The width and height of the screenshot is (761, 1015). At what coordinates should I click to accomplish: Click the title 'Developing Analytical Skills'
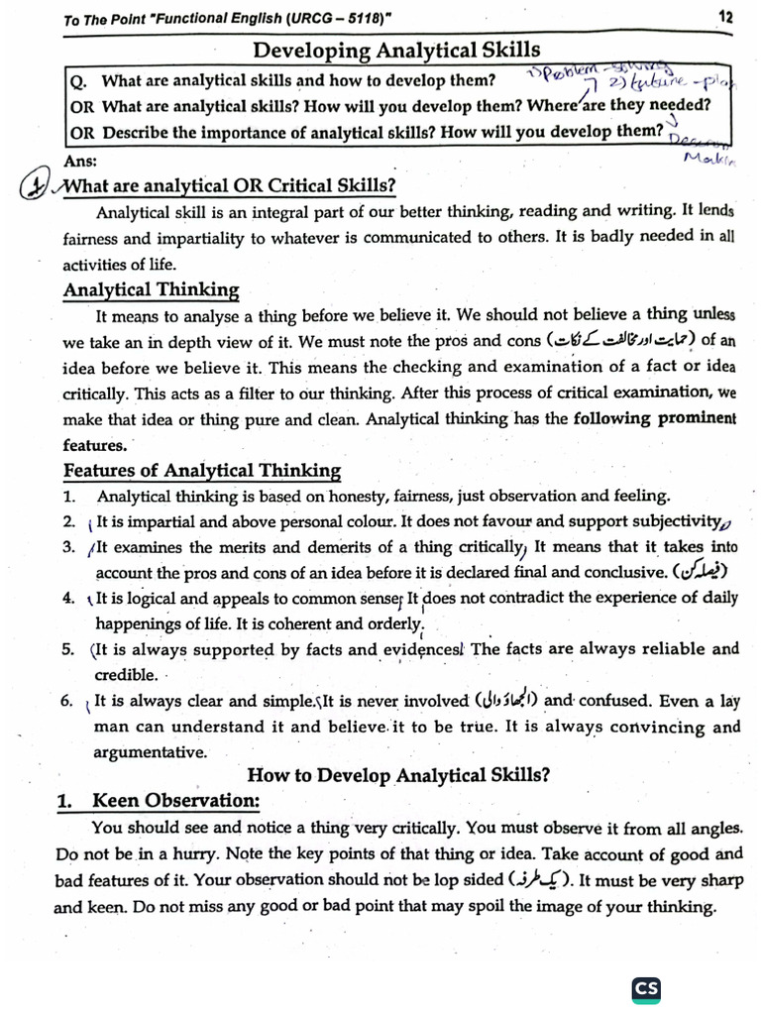click(396, 50)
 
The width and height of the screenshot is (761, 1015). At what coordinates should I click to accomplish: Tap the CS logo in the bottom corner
click(646, 988)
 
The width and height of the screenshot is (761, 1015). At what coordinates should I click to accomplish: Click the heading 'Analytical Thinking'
click(151, 290)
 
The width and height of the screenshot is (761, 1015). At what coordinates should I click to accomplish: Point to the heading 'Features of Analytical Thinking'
click(202, 471)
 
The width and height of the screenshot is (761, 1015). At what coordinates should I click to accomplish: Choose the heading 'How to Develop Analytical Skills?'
click(398, 775)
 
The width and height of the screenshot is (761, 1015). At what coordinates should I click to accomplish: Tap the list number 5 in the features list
click(68, 650)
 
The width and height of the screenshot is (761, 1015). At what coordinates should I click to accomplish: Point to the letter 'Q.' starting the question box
click(80, 81)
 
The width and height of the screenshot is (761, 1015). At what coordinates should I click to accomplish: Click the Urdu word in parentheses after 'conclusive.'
click(701, 572)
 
